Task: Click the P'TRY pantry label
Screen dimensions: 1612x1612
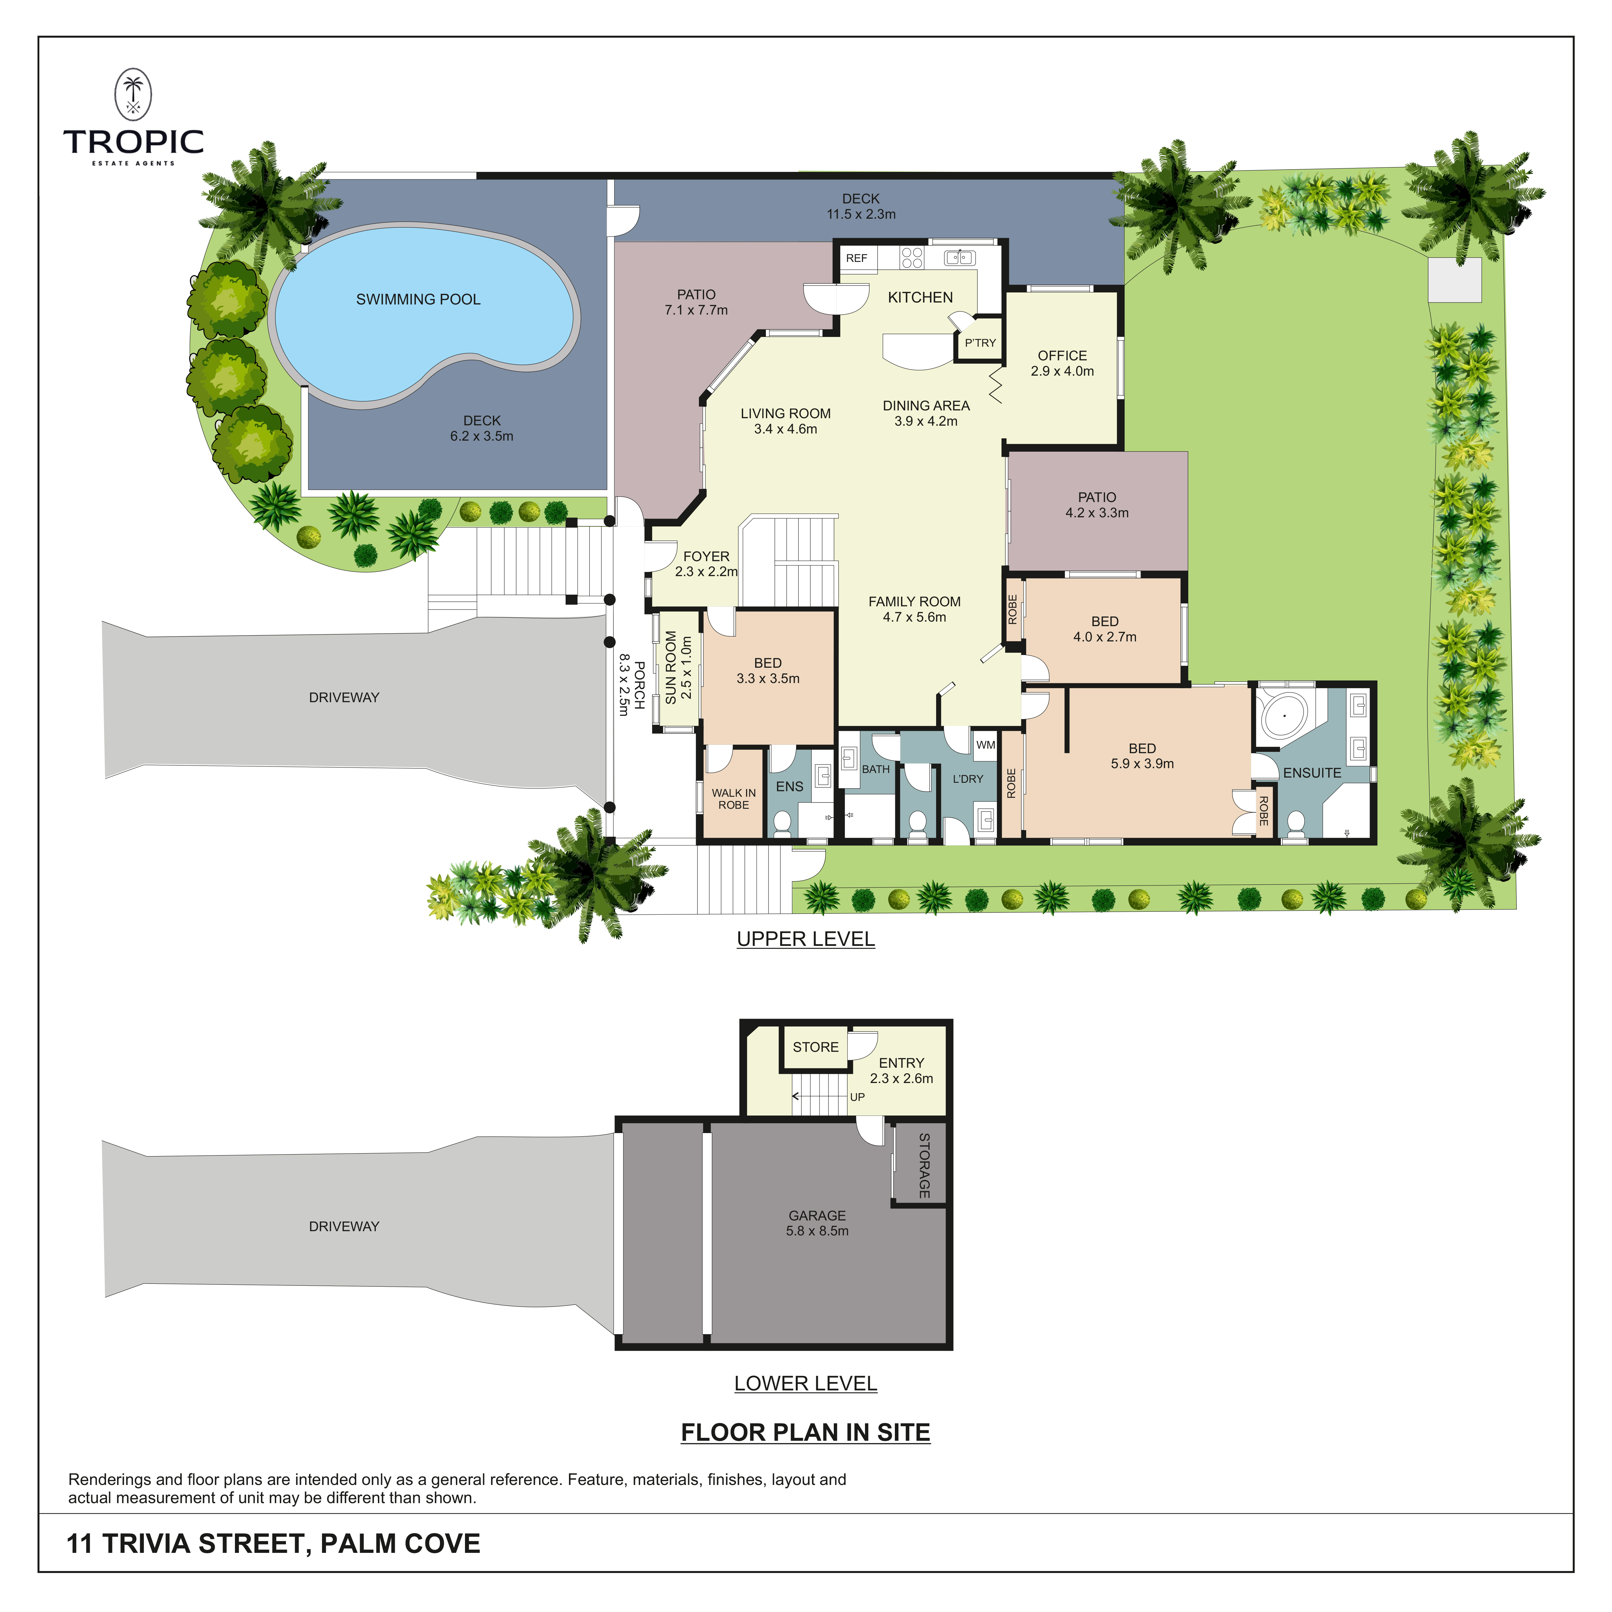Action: coord(980,343)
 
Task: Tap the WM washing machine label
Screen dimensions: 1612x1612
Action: coord(986,745)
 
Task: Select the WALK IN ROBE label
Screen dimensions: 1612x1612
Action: coord(733,798)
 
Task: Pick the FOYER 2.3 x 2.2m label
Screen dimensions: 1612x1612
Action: coord(706,564)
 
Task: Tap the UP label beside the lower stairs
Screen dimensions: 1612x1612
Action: coord(857,1097)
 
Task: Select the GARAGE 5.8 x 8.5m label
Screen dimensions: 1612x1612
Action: coord(817,1223)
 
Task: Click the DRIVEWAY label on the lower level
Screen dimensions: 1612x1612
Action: coord(344,1227)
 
